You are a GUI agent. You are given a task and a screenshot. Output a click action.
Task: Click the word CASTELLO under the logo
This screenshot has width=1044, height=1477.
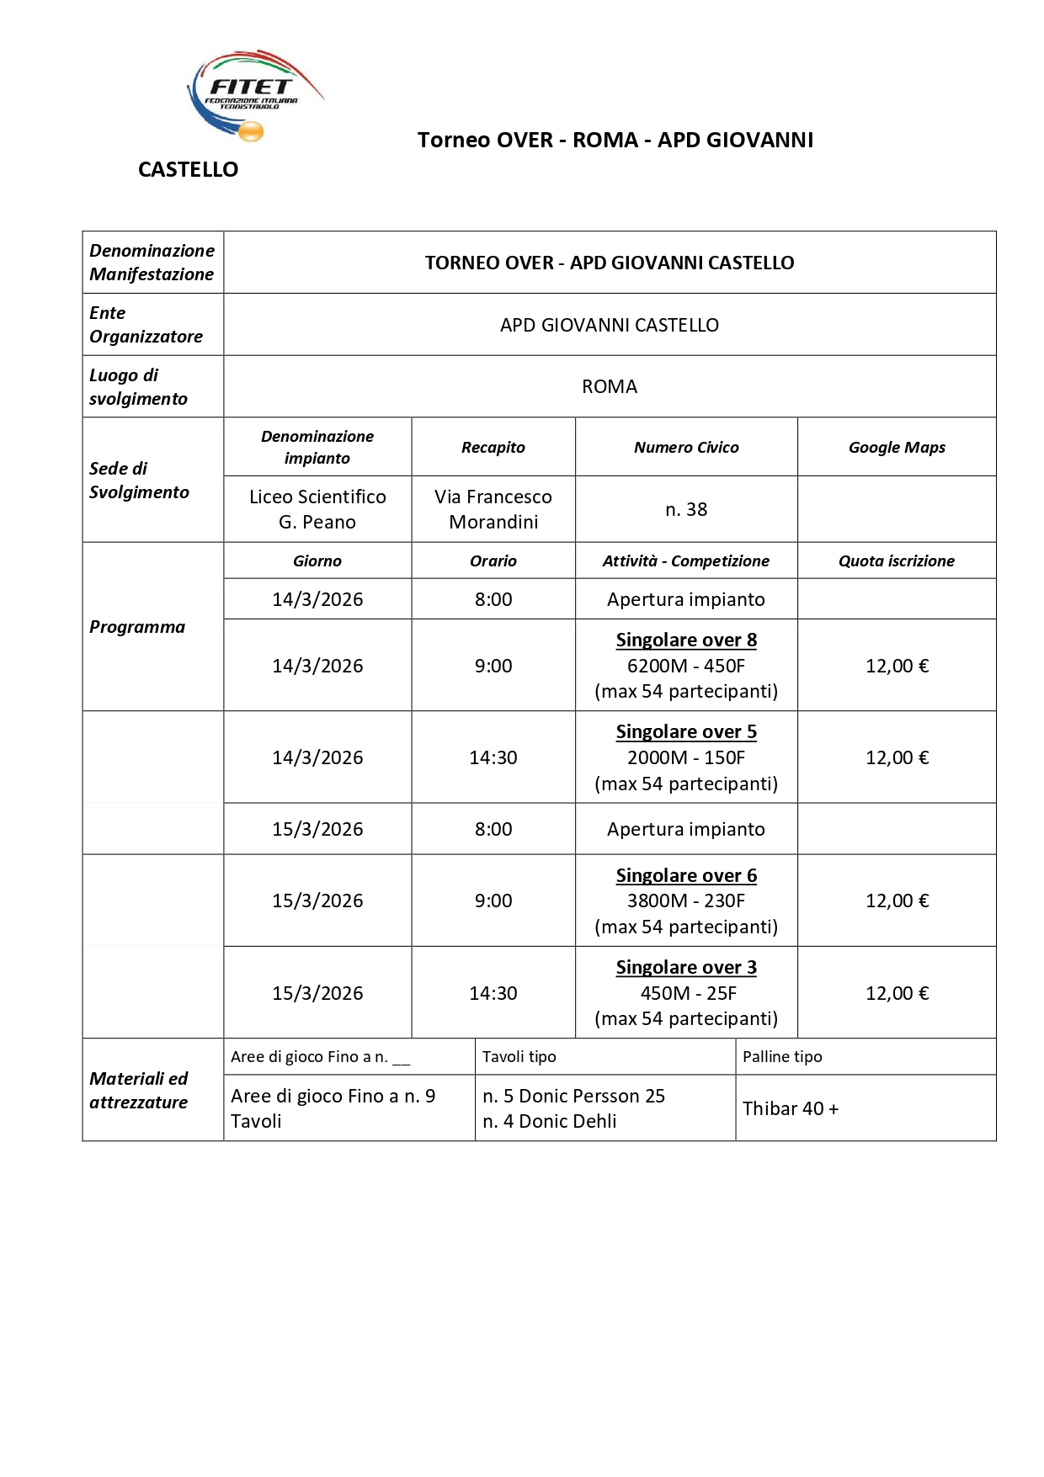pos(188,170)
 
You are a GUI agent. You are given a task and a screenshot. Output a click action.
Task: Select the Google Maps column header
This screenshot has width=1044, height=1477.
pos(896,448)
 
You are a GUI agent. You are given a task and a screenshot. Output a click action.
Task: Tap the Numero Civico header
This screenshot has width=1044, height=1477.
pos(685,448)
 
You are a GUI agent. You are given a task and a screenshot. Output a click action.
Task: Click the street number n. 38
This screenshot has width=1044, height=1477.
pos(685,509)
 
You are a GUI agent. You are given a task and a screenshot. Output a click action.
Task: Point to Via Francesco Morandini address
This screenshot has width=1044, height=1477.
pos(493,509)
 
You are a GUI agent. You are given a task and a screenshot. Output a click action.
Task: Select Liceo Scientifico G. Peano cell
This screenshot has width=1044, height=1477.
pos(317,509)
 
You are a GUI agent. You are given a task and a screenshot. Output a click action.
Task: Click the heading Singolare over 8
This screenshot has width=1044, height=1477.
pos(685,640)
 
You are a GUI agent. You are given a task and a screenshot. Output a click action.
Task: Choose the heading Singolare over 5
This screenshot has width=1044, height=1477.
pos(685,731)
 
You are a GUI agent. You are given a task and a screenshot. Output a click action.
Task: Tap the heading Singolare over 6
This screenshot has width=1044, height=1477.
pos(685,875)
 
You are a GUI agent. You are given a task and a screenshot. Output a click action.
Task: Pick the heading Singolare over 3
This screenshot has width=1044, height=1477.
pos(685,967)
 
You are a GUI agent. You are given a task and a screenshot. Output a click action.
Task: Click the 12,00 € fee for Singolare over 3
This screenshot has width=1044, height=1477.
pos(896,993)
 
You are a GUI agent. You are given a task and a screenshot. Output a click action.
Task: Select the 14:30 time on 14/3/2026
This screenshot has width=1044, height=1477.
pos(493,757)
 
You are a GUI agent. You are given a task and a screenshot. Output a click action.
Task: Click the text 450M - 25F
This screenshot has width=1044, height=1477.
pos(687,993)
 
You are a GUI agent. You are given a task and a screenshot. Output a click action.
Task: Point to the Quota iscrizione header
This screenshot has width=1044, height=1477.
pos(896,561)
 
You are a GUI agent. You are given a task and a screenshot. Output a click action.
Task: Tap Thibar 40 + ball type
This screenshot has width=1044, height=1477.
pos(790,1108)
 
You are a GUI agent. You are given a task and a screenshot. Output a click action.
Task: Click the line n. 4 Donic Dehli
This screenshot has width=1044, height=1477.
pos(549,1121)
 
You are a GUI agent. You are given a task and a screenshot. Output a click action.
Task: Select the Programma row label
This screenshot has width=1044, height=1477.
pos(137,627)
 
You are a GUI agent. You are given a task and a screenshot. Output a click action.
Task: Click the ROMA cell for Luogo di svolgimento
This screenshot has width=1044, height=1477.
pos(610,386)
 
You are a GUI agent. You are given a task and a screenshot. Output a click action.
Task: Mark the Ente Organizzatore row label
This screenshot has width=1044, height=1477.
pos(146,325)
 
